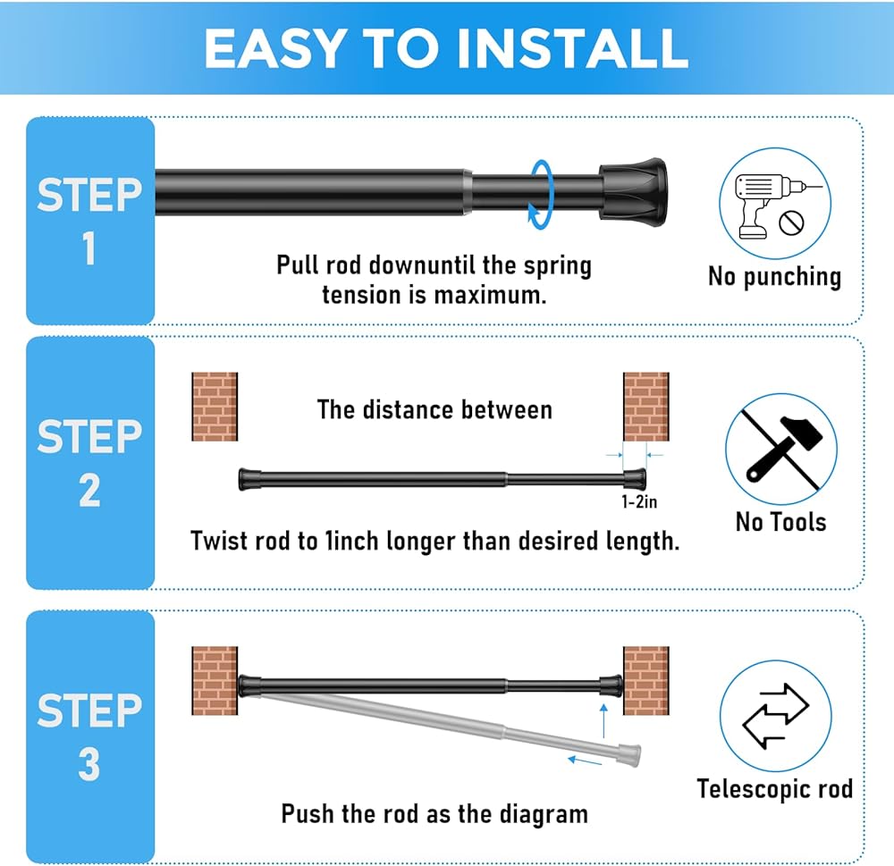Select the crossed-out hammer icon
tap(781, 450)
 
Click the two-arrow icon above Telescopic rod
tap(775, 716)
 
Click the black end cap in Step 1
tap(633, 192)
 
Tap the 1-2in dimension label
tap(639, 501)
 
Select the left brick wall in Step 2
tap(215, 407)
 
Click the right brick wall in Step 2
tap(646, 407)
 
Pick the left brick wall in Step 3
tap(215, 681)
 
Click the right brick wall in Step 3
tap(646, 681)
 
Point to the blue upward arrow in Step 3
tap(603, 721)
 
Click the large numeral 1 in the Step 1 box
tap(89, 248)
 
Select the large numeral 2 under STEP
tap(89, 491)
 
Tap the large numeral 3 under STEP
tap(89, 764)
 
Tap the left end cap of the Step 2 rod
tap(249, 479)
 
